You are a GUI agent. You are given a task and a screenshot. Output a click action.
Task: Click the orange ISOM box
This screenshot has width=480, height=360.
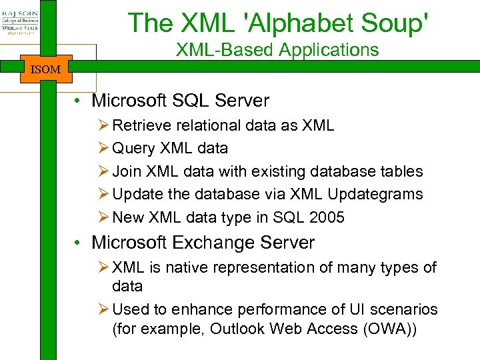tap(45, 69)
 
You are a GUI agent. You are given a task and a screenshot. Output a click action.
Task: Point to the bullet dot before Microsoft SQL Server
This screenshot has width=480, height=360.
tap(78, 101)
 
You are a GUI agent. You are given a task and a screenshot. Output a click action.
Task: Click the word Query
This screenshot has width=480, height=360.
tap(133, 148)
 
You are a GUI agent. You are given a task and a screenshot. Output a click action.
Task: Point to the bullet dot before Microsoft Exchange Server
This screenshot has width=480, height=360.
tap(78, 243)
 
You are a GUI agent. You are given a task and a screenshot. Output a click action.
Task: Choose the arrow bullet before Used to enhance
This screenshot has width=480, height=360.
tap(103, 309)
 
